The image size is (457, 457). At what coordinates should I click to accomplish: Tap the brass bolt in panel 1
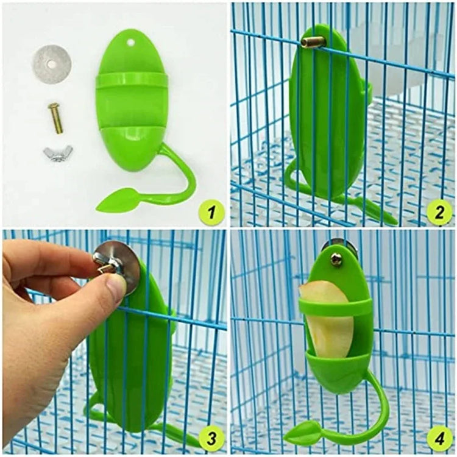pos(55,118)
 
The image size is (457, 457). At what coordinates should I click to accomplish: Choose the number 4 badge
pos(439,438)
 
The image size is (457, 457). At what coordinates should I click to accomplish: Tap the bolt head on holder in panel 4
pos(336,260)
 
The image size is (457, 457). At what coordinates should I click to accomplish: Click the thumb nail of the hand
pos(115,286)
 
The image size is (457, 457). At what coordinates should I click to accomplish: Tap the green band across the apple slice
pos(336,307)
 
